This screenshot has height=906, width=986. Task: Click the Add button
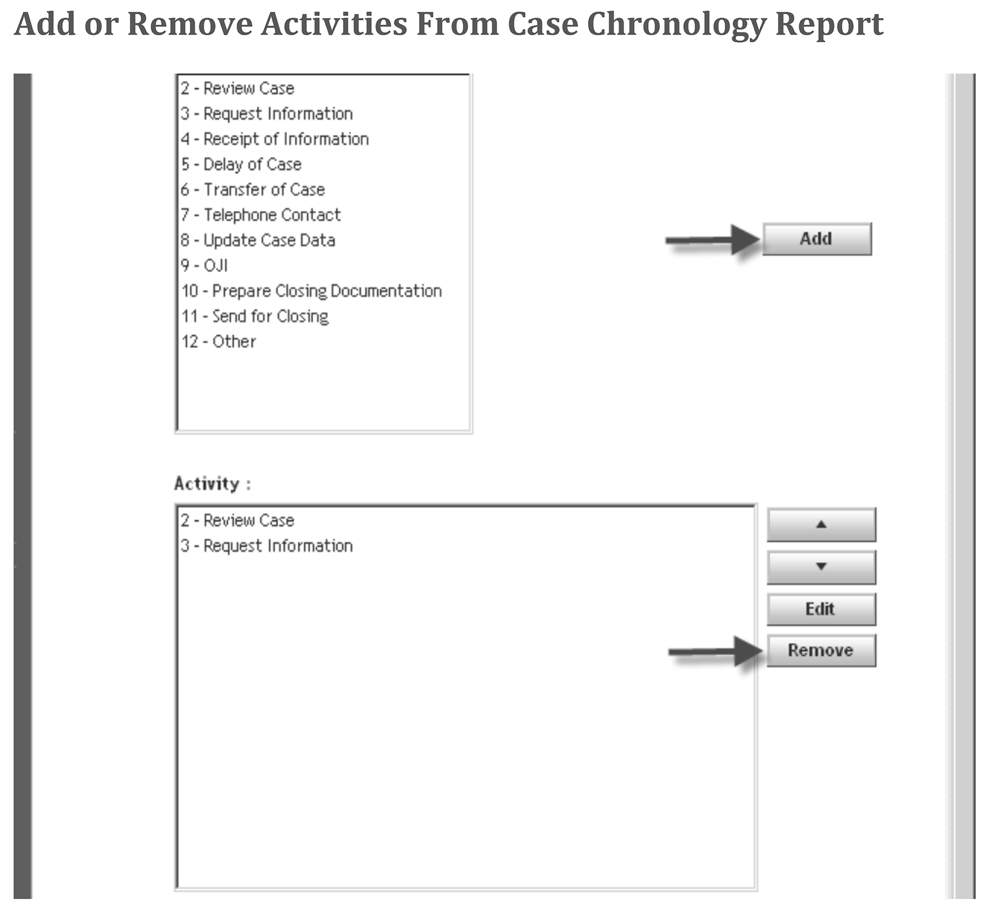pyautogui.click(x=817, y=239)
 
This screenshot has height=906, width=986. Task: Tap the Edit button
pyautogui.click(x=821, y=609)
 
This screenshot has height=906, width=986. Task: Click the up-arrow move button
pyautogui.click(x=821, y=525)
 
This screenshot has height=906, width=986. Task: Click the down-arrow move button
pyautogui.click(x=821, y=567)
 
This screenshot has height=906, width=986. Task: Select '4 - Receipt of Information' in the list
pyautogui.click(x=275, y=139)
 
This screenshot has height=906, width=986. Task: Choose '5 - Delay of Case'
pyautogui.click(x=241, y=164)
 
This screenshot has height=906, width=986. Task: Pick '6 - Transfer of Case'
pyautogui.click(x=252, y=190)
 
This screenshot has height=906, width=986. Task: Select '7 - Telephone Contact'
pyautogui.click(x=261, y=215)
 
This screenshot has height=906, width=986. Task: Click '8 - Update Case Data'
pyautogui.click(x=258, y=240)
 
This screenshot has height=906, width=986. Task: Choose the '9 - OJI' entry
pyautogui.click(x=204, y=266)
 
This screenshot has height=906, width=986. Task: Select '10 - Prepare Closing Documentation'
pyautogui.click(x=312, y=291)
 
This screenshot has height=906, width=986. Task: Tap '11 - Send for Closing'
pyautogui.click(x=255, y=316)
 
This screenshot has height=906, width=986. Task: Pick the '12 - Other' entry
pyautogui.click(x=219, y=342)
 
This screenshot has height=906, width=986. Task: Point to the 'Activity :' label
pyautogui.click(x=212, y=484)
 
